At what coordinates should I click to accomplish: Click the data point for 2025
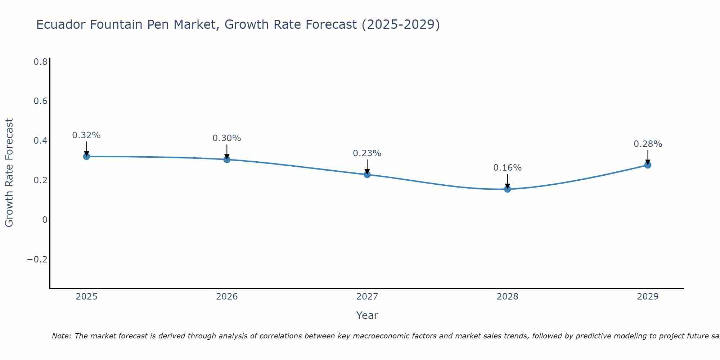pyautogui.click(x=86, y=156)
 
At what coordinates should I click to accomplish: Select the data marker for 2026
pyautogui.click(x=227, y=159)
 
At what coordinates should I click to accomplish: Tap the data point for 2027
pyautogui.click(x=367, y=175)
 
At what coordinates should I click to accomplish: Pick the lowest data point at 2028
pyautogui.click(x=508, y=189)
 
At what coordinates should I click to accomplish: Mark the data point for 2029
pyautogui.click(x=648, y=165)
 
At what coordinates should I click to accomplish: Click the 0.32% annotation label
pyautogui.click(x=86, y=135)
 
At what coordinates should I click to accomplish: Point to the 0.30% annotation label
pyautogui.click(x=227, y=138)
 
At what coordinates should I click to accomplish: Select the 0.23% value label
pyautogui.click(x=367, y=153)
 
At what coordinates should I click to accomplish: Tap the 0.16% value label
pyautogui.click(x=508, y=168)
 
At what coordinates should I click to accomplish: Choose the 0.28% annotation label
pyautogui.click(x=648, y=144)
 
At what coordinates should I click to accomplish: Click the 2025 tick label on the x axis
pyautogui.click(x=87, y=297)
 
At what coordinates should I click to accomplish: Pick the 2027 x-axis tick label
pyautogui.click(x=367, y=297)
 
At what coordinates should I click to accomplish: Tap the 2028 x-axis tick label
pyautogui.click(x=508, y=297)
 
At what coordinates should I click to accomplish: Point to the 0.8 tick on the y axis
pyautogui.click(x=40, y=62)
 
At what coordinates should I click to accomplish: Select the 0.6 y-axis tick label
pyautogui.click(x=40, y=101)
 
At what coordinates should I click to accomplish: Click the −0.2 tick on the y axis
pyautogui.click(x=37, y=260)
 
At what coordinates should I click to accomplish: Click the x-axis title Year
pyautogui.click(x=367, y=315)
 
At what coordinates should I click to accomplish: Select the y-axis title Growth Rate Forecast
pyautogui.click(x=9, y=173)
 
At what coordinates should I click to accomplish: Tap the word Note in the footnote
pyautogui.click(x=61, y=336)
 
